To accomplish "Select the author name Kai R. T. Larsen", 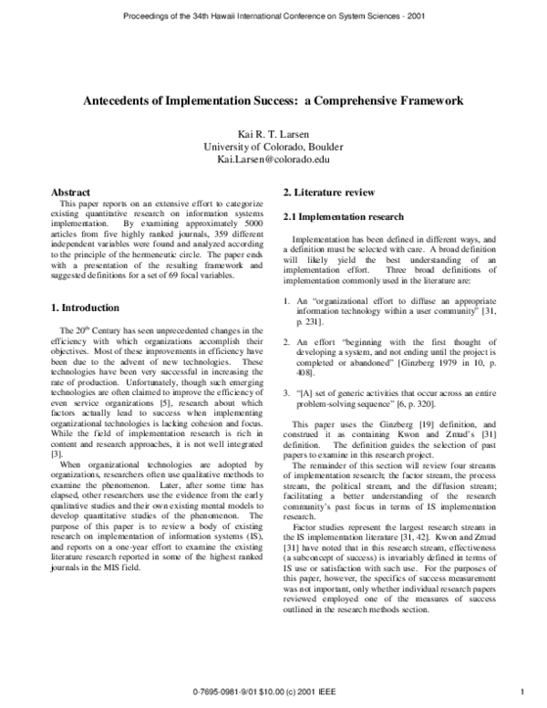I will tap(273, 135).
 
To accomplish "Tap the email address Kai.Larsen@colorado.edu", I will tap(273, 160).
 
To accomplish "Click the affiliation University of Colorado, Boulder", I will tap(273, 148).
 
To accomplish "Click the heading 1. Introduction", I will tap(86, 307).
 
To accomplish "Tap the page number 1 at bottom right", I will tap(519, 690).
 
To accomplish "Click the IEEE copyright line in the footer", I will tap(273, 690).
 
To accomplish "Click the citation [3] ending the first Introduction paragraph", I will tap(56, 453).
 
